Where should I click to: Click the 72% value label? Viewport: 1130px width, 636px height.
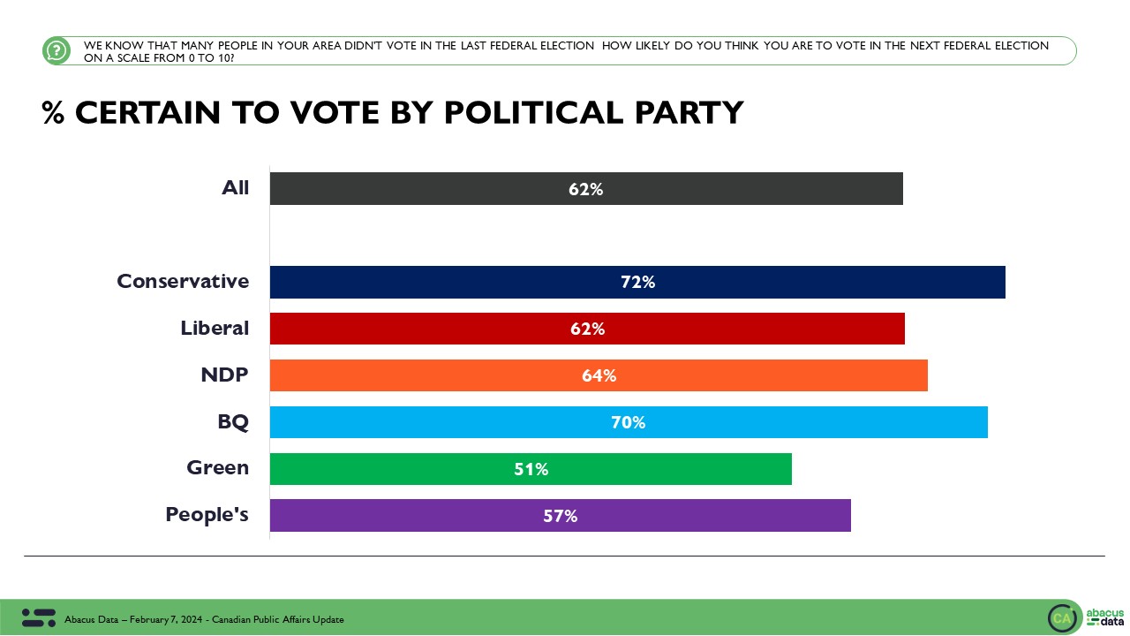click(x=637, y=283)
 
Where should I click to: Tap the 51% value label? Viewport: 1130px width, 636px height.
click(x=531, y=470)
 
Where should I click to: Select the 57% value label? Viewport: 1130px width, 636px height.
click(x=561, y=516)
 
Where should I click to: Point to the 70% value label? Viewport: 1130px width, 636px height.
click(x=629, y=423)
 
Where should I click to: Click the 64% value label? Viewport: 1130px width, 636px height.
click(x=599, y=376)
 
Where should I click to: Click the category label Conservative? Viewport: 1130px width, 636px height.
click(x=183, y=281)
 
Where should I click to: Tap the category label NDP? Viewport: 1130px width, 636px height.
click(x=224, y=375)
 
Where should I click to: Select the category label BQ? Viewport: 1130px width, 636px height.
click(x=233, y=421)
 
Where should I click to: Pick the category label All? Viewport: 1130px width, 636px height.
click(x=235, y=187)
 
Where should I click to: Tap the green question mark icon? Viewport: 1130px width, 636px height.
click(x=56, y=50)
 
